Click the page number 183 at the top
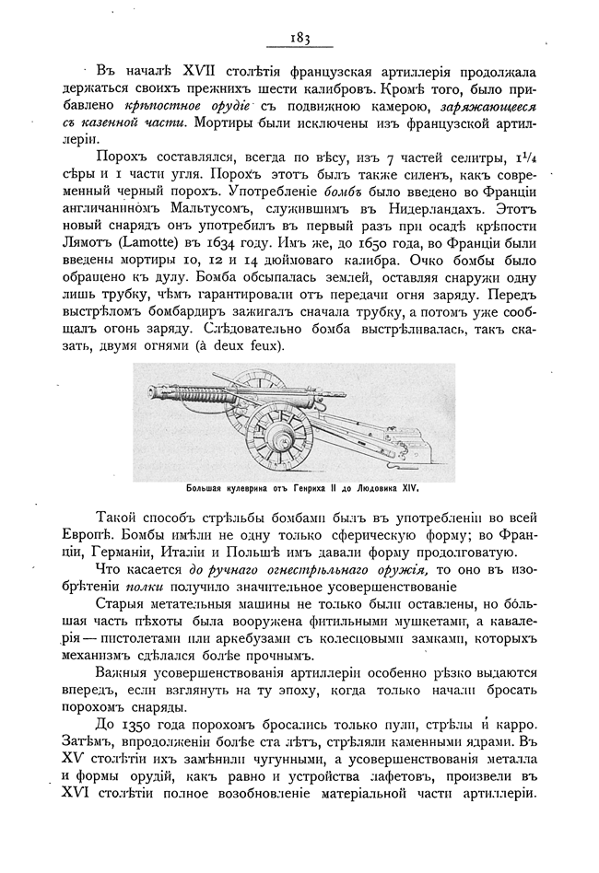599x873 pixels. point(298,38)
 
